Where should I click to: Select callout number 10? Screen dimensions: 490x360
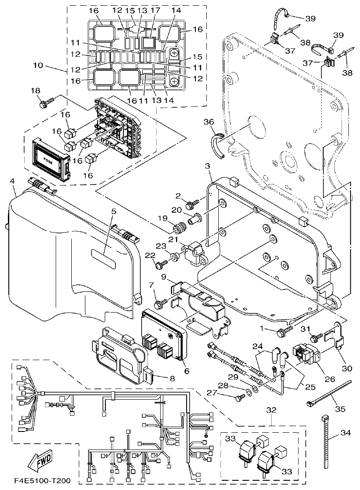[x=39, y=65]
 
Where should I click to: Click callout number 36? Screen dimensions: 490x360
[x=208, y=121]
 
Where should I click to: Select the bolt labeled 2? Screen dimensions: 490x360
[x=192, y=205]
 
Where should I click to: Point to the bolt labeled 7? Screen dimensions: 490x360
[x=160, y=303]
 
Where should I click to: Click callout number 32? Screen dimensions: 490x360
[x=272, y=409]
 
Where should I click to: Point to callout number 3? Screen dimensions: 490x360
[x=208, y=166]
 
